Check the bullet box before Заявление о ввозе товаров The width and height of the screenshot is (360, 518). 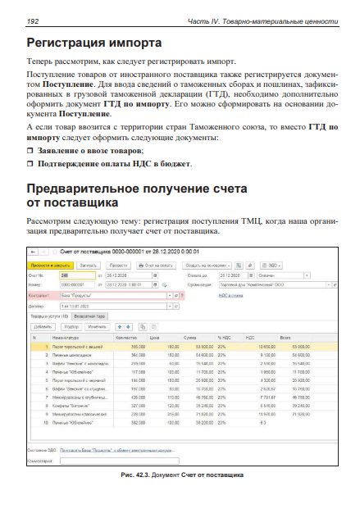coord(31,151)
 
